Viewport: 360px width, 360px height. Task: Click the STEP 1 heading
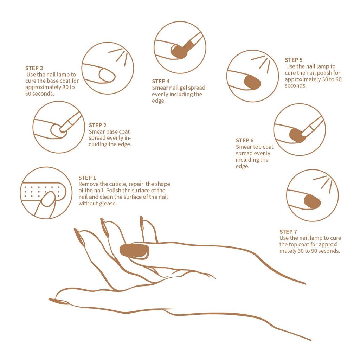(87, 178)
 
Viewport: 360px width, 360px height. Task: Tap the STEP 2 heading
(98, 125)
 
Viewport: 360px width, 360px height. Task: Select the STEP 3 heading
(34, 68)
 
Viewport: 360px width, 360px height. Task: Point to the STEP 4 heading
(161, 81)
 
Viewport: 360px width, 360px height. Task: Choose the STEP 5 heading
(294, 60)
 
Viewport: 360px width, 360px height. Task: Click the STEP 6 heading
(245, 140)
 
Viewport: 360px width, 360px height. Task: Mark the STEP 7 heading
(288, 232)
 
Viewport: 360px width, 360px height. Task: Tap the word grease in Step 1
(109, 204)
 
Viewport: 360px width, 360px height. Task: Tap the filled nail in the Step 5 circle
(252, 82)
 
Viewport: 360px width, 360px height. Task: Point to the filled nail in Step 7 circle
(312, 201)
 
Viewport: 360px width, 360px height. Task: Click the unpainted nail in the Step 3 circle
(107, 75)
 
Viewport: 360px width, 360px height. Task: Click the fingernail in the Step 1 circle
(49, 199)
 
